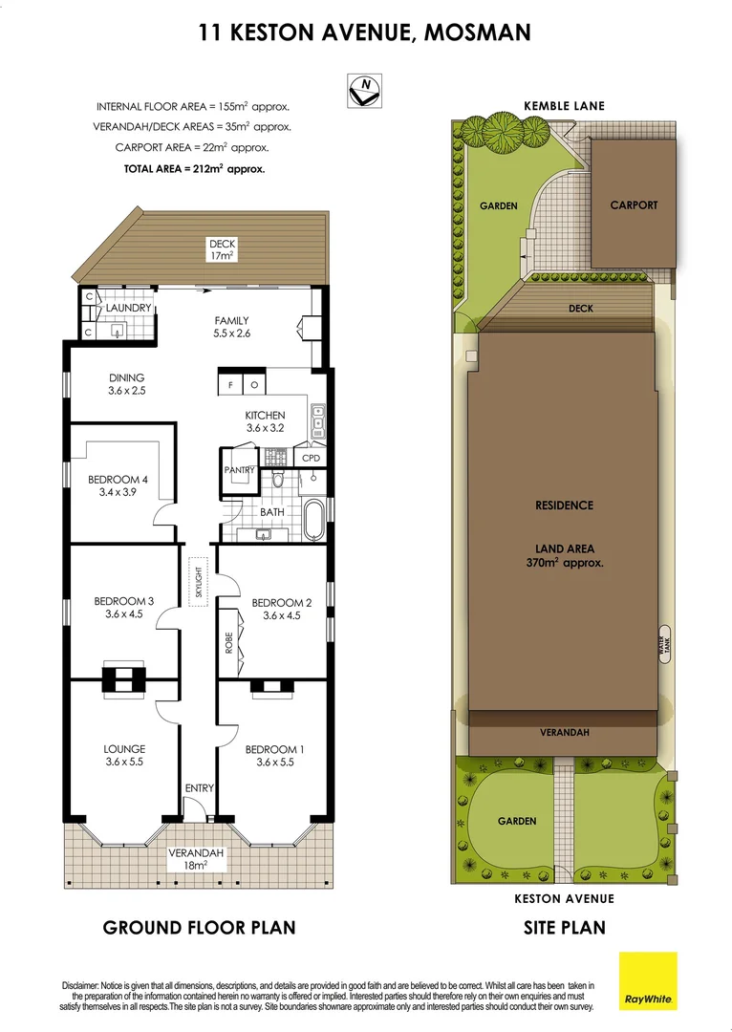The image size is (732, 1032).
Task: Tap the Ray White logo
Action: [x=648, y=980]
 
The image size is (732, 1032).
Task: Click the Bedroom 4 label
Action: [x=118, y=486]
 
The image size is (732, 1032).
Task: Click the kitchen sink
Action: [x=318, y=420]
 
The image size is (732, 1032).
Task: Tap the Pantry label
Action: [x=238, y=471]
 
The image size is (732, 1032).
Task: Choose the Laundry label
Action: [x=128, y=309]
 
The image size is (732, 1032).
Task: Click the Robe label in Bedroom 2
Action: [x=229, y=642]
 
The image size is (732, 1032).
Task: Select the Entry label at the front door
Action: [x=199, y=788]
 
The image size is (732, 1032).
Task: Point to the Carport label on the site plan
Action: [x=634, y=204]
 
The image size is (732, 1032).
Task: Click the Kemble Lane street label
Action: [x=564, y=106]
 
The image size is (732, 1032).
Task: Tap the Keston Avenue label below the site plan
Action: [x=564, y=898]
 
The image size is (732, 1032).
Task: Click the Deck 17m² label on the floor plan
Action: [x=222, y=249]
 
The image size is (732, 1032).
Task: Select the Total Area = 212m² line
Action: [x=193, y=168]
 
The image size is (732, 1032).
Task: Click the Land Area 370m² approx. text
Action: [x=564, y=556]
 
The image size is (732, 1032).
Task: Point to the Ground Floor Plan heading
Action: [x=199, y=927]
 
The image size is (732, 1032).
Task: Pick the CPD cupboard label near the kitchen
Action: [x=311, y=459]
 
